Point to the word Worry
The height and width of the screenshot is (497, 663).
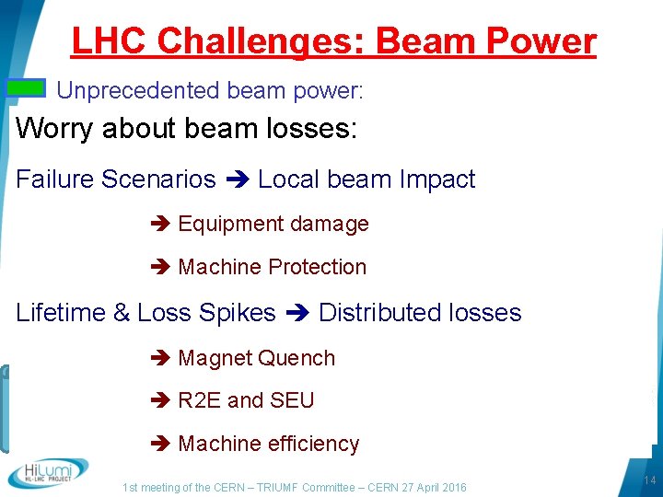click(x=54, y=128)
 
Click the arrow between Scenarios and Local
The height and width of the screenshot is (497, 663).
click(x=236, y=179)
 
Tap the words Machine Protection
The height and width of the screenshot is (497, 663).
click(x=273, y=267)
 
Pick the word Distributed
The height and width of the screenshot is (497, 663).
click(x=375, y=313)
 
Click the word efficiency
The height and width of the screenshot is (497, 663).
click(x=309, y=444)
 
